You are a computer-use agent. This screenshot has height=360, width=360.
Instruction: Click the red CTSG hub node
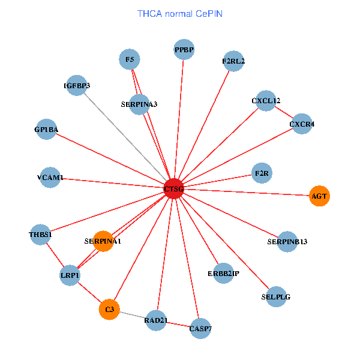click(x=173, y=188)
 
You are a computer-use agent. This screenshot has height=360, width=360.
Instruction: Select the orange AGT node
click(x=319, y=196)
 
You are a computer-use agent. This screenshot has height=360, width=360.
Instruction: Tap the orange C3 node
click(x=109, y=309)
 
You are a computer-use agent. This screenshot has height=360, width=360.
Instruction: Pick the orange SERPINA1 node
click(x=103, y=241)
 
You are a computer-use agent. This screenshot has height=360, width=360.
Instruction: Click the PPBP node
click(x=184, y=49)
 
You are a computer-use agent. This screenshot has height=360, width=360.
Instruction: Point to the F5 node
click(x=130, y=59)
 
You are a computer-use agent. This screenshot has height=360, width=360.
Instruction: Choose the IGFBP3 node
click(x=77, y=85)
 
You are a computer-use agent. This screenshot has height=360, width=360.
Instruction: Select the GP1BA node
click(x=46, y=129)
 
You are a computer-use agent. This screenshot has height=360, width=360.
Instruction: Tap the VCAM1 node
click(x=50, y=178)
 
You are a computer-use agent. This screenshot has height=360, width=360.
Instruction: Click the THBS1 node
click(x=40, y=234)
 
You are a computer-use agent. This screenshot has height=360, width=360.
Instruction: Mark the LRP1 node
click(x=70, y=275)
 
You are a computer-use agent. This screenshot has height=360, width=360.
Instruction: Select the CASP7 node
click(x=200, y=328)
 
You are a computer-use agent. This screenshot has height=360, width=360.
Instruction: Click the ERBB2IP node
click(x=223, y=274)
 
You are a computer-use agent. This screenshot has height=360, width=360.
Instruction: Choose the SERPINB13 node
click(x=287, y=241)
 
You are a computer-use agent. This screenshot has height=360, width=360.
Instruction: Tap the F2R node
click(x=262, y=173)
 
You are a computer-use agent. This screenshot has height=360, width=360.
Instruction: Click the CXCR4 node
click(x=302, y=124)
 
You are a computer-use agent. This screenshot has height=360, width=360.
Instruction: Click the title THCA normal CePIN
click(x=180, y=13)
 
